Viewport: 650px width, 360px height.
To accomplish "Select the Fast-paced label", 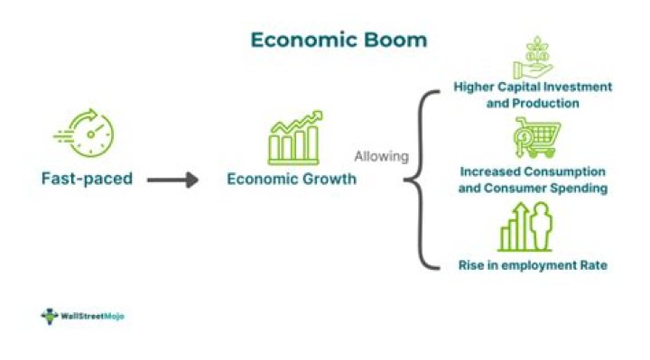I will pyautogui.click(x=87, y=179).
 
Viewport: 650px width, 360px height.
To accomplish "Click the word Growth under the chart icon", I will pyautogui.click(x=329, y=180).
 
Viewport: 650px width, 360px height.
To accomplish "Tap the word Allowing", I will pyautogui.click(x=381, y=156).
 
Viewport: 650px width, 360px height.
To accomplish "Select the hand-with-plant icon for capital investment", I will pyautogui.click(x=533, y=58).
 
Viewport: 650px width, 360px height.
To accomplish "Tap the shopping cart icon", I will pyautogui.click(x=534, y=139).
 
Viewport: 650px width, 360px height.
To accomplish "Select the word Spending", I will pyautogui.click(x=578, y=188).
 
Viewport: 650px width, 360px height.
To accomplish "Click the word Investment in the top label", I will pyautogui.click(x=581, y=87).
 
